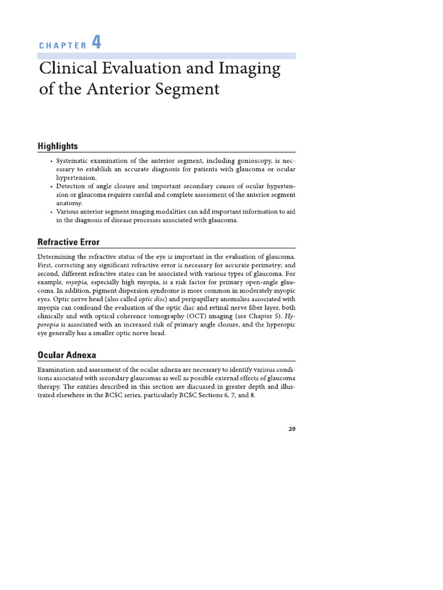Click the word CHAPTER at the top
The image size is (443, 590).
[x=62, y=46]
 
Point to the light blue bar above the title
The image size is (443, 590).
[x=167, y=56]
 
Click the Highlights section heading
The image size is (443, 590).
[x=58, y=146]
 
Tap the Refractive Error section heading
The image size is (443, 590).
[x=69, y=241]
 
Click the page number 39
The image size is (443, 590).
[x=291, y=428]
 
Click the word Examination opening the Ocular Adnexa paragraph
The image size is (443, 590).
[x=58, y=369]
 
